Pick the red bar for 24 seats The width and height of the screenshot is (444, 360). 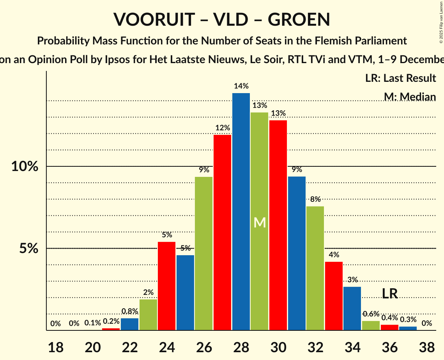166,286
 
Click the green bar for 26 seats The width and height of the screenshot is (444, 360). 203,253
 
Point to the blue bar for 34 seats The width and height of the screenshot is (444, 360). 352,309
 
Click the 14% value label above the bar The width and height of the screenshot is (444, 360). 241,86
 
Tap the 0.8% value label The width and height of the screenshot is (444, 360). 129,311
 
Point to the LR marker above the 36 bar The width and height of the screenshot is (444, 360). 389,294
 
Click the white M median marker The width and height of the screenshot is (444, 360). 260,223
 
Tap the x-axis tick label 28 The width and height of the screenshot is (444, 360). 241,346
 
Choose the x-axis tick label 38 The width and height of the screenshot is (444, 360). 426,346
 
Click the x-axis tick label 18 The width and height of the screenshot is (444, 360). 55,346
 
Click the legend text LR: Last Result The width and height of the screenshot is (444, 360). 400,78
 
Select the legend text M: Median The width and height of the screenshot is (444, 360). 409,97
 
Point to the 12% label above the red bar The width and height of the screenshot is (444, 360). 222,128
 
